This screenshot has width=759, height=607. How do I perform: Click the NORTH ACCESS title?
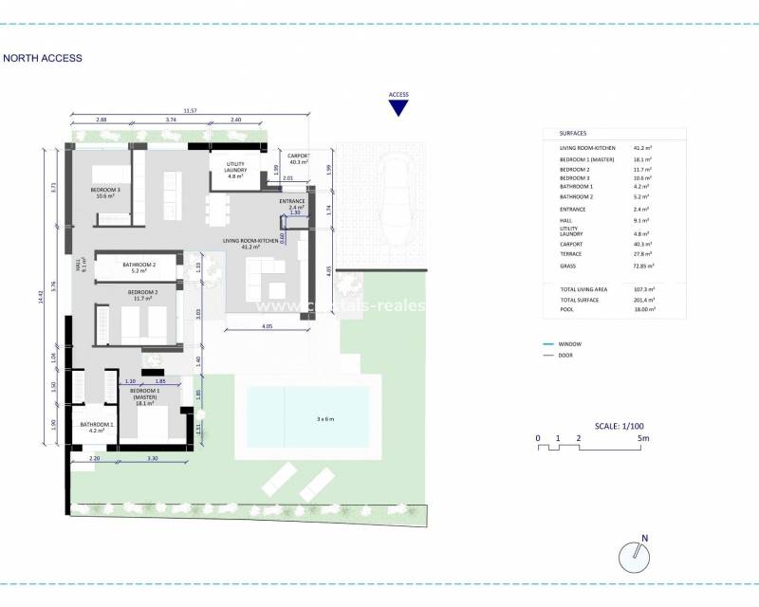click(x=43, y=58)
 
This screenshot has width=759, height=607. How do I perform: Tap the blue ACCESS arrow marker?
click(x=398, y=107)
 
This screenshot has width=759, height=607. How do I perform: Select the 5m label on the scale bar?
click(x=643, y=438)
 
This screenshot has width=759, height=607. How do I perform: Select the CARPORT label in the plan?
click(x=298, y=158)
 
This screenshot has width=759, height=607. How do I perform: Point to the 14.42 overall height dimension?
click(x=41, y=296)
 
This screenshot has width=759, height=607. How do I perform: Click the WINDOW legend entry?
click(x=571, y=343)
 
